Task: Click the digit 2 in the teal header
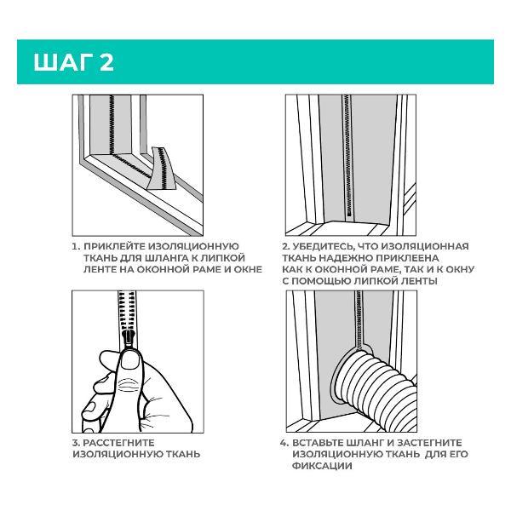(x=106, y=62)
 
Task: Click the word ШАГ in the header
(x=63, y=62)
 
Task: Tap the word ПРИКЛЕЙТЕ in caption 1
(x=115, y=246)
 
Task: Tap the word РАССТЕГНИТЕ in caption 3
(x=118, y=443)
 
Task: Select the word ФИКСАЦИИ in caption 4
(x=322, y=466)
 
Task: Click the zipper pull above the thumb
(x=129, y=340)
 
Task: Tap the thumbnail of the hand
(x=129, y=359)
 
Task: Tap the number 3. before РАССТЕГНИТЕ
(x=77, y=443)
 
